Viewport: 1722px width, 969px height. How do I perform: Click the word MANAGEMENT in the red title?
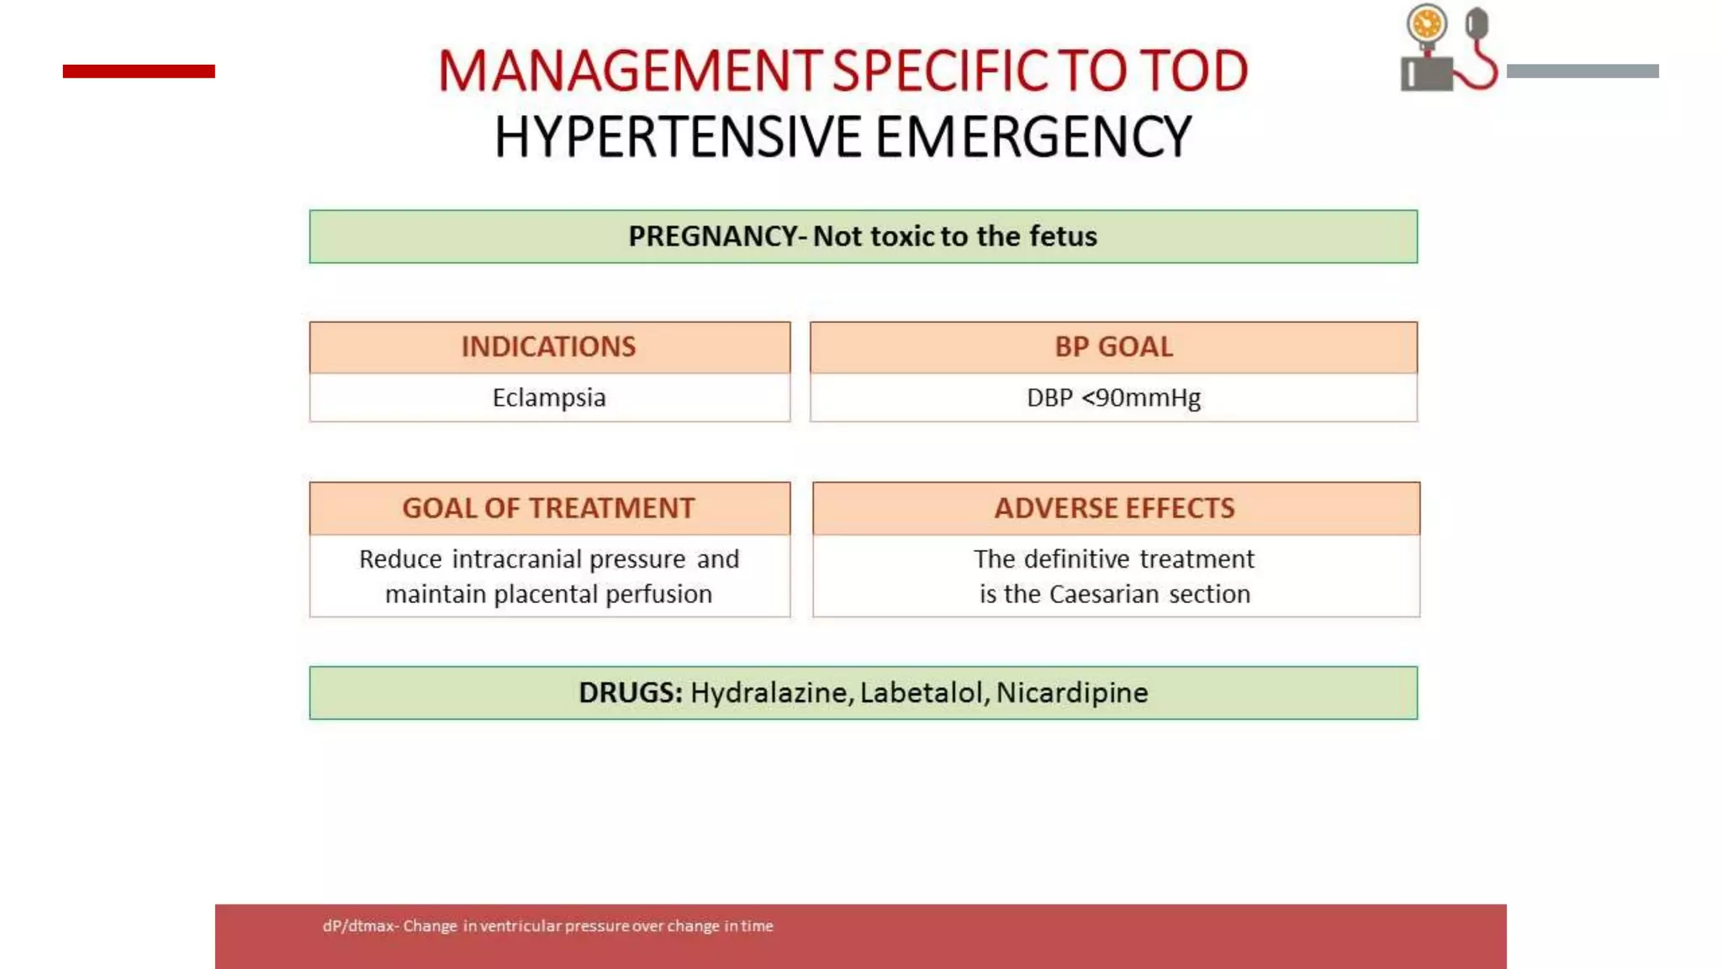click(629, 71)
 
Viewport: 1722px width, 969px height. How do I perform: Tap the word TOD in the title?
click(1195, 71)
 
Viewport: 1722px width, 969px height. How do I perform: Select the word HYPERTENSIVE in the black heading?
click(677, 137)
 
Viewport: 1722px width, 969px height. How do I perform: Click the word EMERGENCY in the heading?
click(1033, 137)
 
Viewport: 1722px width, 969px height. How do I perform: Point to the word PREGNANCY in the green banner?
click(711, 236)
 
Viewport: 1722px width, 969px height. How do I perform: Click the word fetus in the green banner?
click(1060, 236)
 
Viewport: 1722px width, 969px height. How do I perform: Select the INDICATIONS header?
click(549, 347)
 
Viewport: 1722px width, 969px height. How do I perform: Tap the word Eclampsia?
click(549, 397)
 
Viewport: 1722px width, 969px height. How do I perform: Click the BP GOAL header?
click(1113, 347)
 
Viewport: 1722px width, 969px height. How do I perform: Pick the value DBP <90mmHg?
click(1113, 397)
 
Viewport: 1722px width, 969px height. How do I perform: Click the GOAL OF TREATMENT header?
click(549, 508)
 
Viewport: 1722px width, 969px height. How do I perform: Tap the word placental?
click(545, 595)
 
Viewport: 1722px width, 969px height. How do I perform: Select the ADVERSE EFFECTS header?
click(1115, 508)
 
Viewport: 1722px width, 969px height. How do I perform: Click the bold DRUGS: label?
click(630, 692)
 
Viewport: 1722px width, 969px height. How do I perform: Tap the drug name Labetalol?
click(922, 692)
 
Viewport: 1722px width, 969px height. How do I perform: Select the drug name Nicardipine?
click(1072, 692)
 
